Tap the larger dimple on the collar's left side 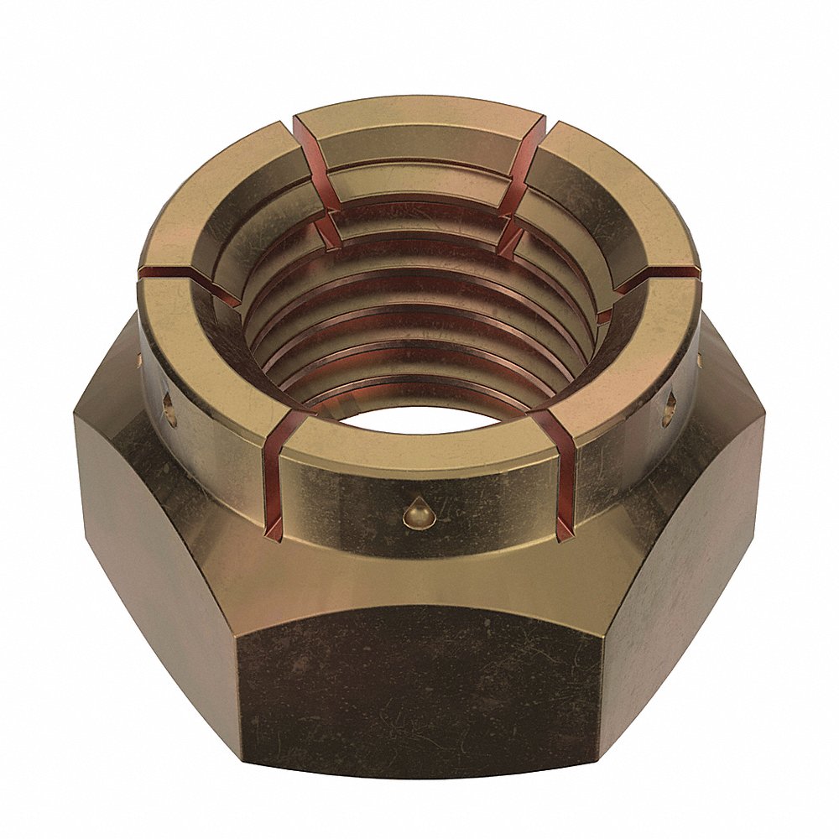click(x=169, y=409)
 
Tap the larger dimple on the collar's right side click(x=670, y=409)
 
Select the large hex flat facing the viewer click(x=419, y=680)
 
